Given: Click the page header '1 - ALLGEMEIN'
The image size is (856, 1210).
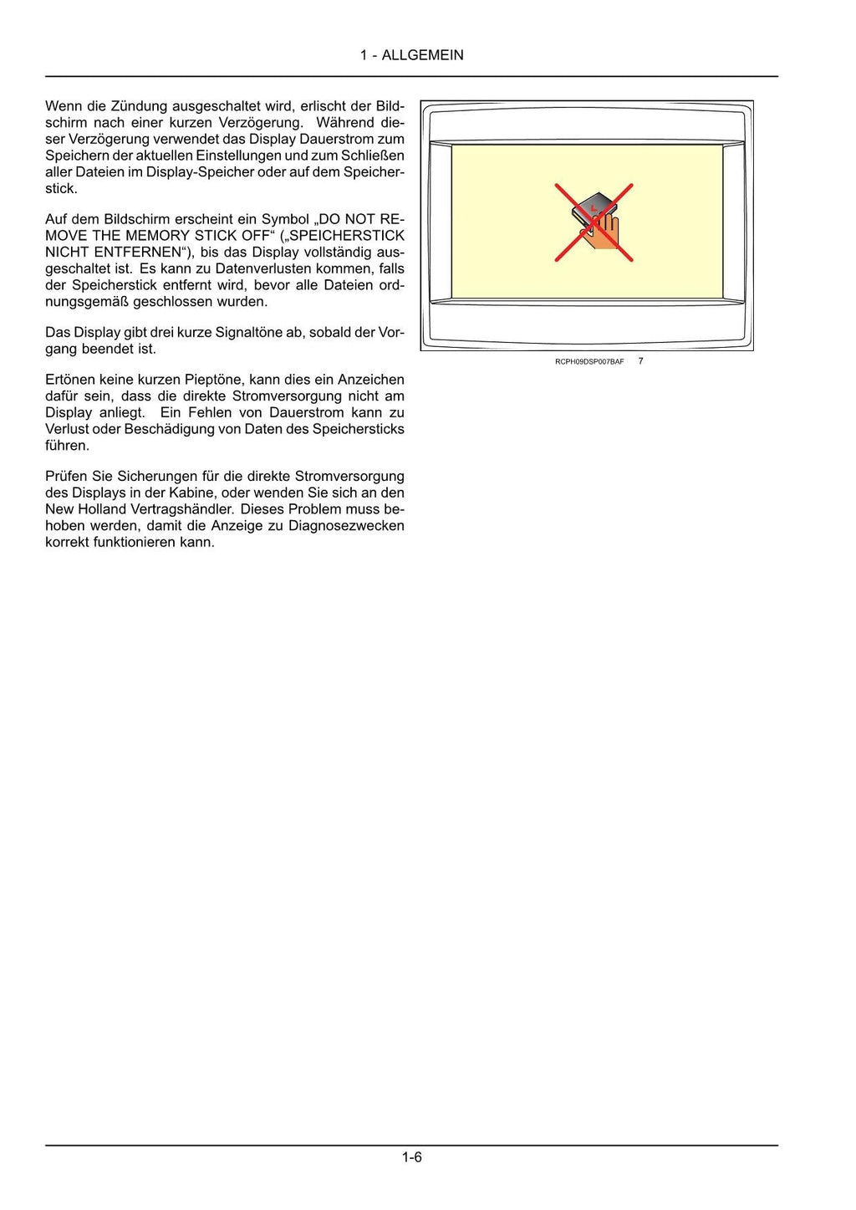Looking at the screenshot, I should click(x=411, y=55).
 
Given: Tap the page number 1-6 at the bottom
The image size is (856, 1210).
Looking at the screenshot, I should click(x=411, y=1157).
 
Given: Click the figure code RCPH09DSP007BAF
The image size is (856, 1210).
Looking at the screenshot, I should click(x=588, y=361).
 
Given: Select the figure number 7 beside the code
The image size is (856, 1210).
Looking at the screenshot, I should click(x=640, y=361).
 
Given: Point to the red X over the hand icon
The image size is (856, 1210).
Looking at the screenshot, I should click(x=594, y=222).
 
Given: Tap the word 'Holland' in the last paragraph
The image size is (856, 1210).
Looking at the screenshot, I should click(x=103, y=509).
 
